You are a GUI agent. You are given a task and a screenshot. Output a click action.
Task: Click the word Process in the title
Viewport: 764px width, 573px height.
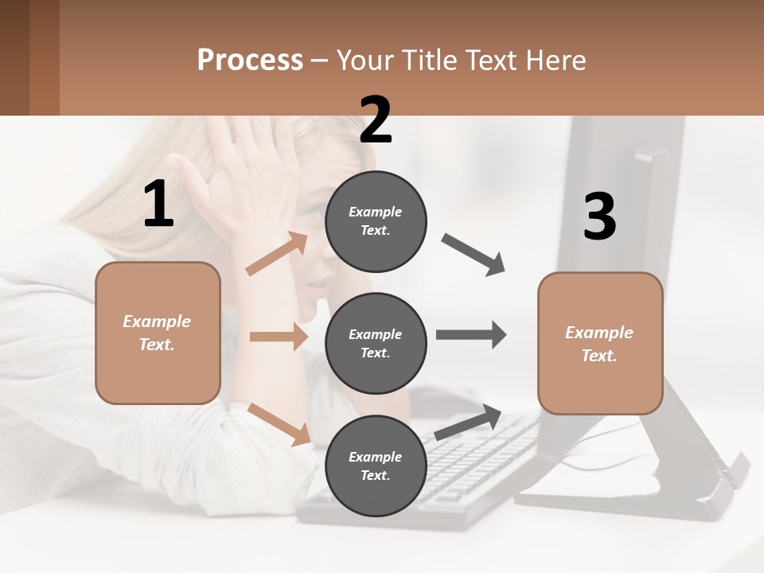(x=250, y=60)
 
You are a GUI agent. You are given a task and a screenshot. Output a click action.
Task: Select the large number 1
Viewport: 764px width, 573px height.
(x=158, y=205)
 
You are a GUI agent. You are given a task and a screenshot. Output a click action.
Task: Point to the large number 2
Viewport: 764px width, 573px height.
(x=376, y=120)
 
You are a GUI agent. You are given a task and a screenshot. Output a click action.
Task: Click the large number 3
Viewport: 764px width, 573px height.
(x=599, y=217)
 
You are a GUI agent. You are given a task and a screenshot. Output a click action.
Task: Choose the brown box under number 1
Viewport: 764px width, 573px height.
(x=158, y=333)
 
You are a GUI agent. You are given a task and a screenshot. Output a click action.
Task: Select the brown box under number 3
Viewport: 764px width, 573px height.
(x=600, y=343)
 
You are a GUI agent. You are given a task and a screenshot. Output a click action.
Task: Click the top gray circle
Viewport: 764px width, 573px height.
(x=376, y=221)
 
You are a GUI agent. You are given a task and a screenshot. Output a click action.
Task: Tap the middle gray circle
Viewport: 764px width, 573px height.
(x=376, y=343)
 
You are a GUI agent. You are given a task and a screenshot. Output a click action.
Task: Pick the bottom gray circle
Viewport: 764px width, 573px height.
(x=376, y=466)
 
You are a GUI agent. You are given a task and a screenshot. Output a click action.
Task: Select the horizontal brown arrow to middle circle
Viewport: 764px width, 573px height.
(x=278, y=337)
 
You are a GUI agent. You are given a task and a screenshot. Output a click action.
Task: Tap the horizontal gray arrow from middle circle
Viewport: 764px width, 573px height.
(x=471, y=335)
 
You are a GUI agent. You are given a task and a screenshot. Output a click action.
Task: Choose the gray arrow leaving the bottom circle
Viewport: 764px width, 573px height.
(x=468, y=422)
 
